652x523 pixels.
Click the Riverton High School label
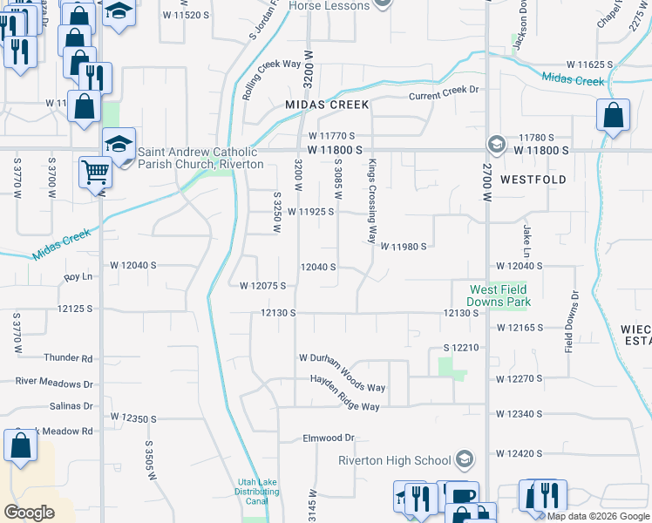(x=395, y=460)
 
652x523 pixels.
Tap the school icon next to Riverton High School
(x=465, y=459)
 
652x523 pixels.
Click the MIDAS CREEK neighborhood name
(x=328, y=105)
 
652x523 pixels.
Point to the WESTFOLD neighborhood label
(x=533, y=180)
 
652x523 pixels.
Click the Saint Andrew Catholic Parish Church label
(x=200, y=158)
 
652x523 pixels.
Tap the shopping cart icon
(x=94, y=172)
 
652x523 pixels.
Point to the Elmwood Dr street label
(x=329, y=438)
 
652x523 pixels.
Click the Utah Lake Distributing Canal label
(x=258, y=492)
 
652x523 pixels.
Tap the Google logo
(x=29, y=513)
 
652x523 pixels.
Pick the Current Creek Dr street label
(x=445, y=90)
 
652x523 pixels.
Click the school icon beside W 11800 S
(x=496, y=144)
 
